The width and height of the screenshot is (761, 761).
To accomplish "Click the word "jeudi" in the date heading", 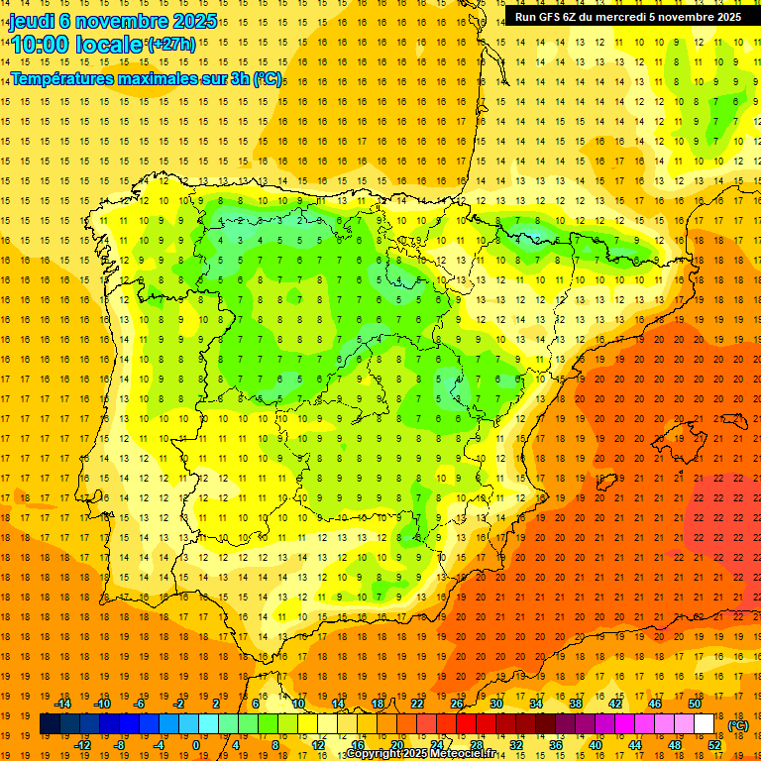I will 32,21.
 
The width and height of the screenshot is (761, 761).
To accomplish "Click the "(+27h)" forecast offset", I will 172,45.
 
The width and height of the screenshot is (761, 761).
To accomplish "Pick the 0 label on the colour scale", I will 196,745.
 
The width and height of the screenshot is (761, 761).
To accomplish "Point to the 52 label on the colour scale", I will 714,745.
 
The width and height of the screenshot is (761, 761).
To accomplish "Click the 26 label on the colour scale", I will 457,704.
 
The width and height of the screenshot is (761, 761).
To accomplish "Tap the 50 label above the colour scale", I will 695,704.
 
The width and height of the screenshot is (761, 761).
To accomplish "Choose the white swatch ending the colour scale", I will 705,724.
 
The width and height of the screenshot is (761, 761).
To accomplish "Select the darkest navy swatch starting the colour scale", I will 50,724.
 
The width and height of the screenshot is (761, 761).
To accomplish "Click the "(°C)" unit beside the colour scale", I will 738,725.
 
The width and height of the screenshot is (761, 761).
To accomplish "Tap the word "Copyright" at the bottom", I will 375,754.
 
